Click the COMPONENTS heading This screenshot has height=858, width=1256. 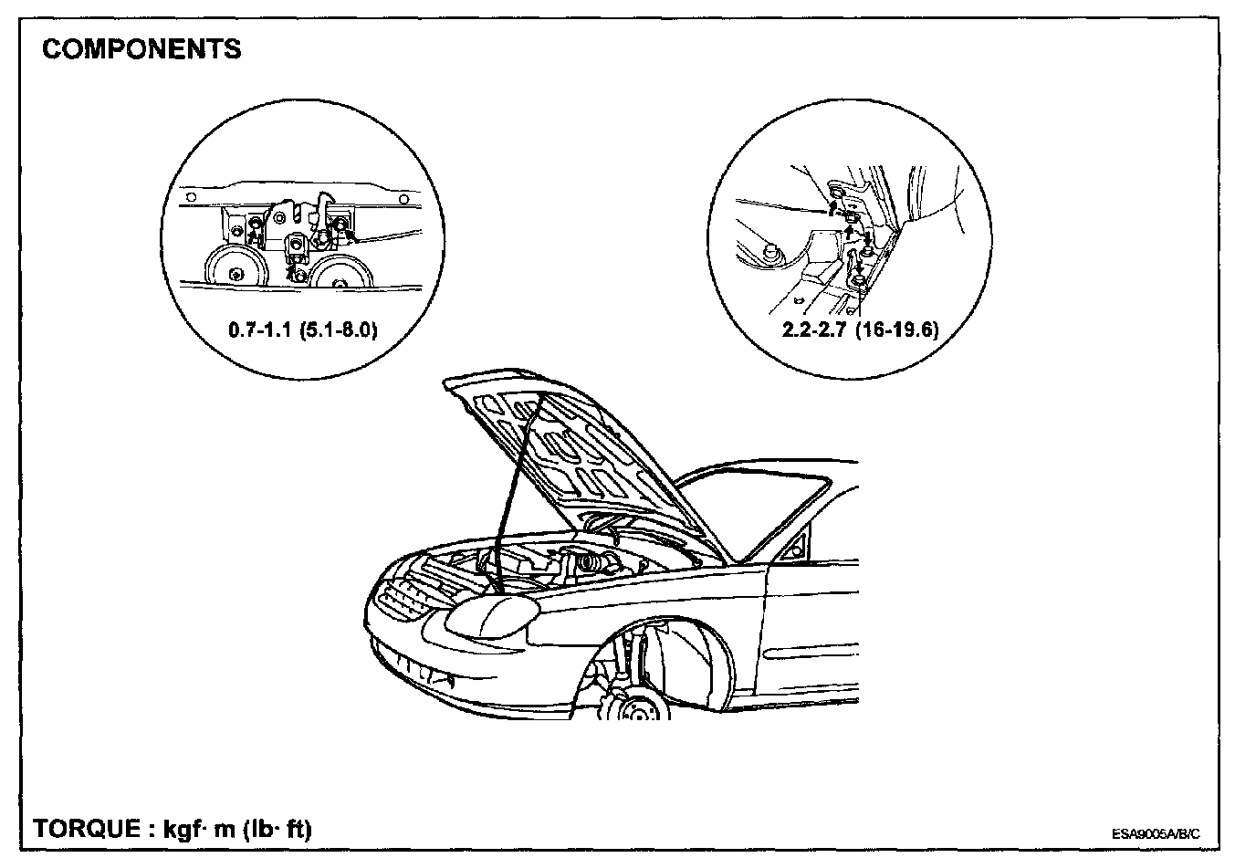click(x=141, y=48)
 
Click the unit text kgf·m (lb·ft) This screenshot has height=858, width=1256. click(x=237, y=829)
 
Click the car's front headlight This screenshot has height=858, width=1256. click(x=489, y=617)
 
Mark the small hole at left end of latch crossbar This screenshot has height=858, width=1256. click(x=191, y=198)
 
